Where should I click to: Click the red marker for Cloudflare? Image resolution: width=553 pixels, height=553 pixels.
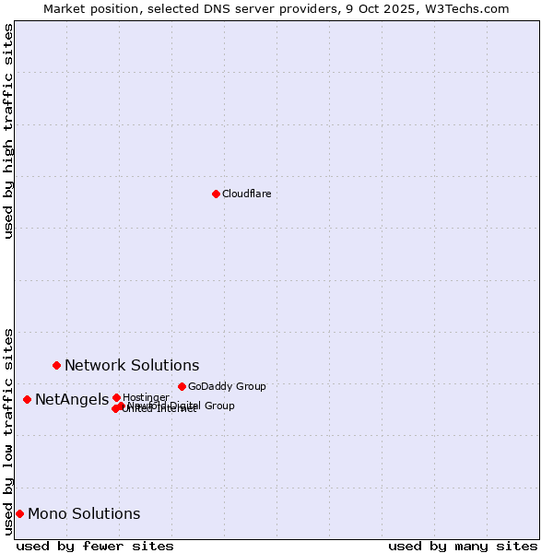pos(216,194)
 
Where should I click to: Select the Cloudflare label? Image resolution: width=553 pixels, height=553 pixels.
pos(246,194)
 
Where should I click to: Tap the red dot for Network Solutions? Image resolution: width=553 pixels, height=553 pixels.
pos(56,365)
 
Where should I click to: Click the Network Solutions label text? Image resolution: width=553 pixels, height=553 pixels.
pos(132,366)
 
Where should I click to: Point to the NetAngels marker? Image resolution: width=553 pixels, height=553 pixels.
pos(27,399)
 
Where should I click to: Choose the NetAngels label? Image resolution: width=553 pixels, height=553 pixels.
pos(72,400)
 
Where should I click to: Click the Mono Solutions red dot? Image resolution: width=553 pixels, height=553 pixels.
pos(19,513)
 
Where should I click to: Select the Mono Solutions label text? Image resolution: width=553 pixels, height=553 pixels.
pos(84,514)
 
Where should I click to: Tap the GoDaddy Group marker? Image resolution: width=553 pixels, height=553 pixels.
pos(182,386)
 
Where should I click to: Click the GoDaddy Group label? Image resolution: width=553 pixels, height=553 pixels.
pos(227,386)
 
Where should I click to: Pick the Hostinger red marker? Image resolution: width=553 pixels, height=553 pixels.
pos(116,397)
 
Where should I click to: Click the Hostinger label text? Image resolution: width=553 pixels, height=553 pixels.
pos(146,397)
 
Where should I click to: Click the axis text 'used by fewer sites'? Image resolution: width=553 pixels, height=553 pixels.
pos(95,546)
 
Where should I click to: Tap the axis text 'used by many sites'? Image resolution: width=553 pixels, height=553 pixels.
pos(463,546)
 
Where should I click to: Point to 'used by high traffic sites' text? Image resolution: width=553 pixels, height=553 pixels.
pos(9,131)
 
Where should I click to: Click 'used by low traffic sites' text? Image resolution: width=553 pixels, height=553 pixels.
pos(9,430)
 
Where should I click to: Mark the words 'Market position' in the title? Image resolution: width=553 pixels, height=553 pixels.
pos(87,8)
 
